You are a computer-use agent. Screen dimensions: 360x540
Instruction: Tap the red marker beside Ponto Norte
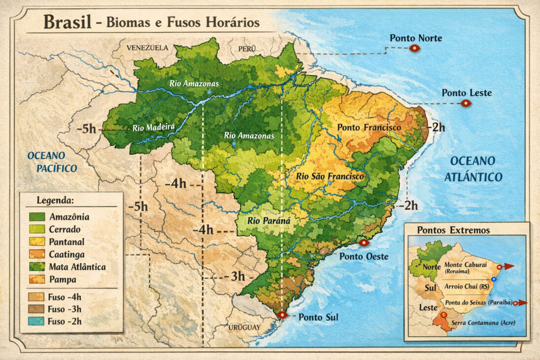[x=414, y=48]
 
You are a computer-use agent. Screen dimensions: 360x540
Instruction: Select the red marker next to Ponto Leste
[x=465, y=103]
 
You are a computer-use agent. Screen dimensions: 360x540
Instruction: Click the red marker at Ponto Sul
[x=282, y=315]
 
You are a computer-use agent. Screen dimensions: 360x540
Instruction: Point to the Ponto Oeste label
[x=364, y=256]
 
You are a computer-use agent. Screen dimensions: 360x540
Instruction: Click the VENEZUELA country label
[x=147, y=48]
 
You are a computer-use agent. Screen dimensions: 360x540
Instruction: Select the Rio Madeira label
[x=154, y=128]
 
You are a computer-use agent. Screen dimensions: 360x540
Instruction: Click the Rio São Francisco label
[x=330, y=176]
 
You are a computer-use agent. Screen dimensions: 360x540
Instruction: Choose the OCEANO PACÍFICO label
[x=52, y=162]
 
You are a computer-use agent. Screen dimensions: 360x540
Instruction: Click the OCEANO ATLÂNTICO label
[x=473, y=169]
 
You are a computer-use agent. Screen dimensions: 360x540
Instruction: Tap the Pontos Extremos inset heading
[x=453, y=230]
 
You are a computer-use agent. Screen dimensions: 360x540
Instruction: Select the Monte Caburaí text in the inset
[x=465, y=264]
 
